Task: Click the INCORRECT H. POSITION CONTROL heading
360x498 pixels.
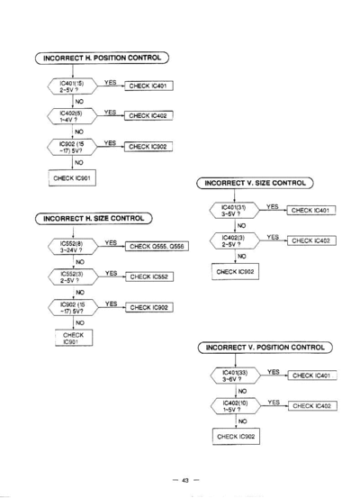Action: (x=102, y=58)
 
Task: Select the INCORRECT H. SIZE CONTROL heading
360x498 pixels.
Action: (x=94, y=219)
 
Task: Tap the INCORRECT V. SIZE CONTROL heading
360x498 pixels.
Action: (x=255, y=183)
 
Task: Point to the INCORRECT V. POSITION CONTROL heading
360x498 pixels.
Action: (x=265, y=347)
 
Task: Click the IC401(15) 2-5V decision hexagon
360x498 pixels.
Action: (x=72, y=86)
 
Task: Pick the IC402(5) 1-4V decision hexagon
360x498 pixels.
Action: (x=72, y=116)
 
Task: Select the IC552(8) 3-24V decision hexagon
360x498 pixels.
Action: (x=73, y=247)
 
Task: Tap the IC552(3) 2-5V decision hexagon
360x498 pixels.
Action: (x=73, y=277)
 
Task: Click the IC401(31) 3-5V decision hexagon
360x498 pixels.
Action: (x=234, y=210)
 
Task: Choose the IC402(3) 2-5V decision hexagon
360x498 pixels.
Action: (x=235, y=240)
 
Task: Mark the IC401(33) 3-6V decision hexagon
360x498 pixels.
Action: (x=236, y=376)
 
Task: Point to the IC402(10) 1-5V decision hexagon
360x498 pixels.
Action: (x=236, y=406)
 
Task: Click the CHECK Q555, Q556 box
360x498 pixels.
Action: (x=157, y=246)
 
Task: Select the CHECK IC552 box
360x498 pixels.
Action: (x=149, y=276)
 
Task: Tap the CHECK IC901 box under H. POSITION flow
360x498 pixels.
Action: (x=72, y=178)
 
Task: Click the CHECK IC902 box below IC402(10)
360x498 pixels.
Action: (x=236, y=437)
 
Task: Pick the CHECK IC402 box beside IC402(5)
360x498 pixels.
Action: (x=148, y=115)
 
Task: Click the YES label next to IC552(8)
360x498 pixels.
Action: (x=111, y=242)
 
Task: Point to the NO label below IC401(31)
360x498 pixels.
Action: (x=241, y=225)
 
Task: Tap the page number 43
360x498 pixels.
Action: (x=185, y=480)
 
